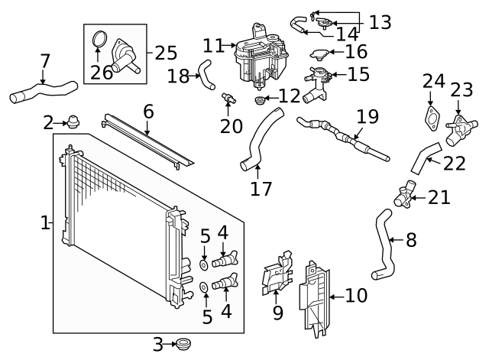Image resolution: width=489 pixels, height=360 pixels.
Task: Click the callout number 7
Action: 44,60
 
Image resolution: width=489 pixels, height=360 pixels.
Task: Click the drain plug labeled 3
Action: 182,345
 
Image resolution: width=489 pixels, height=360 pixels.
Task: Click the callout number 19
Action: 367,117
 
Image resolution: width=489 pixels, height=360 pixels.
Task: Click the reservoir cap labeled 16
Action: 319,54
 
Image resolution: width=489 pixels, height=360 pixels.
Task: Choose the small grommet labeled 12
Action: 261,100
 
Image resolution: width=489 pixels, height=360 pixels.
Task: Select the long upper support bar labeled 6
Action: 148,141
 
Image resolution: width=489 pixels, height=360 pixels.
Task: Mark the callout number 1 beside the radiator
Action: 45,222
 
